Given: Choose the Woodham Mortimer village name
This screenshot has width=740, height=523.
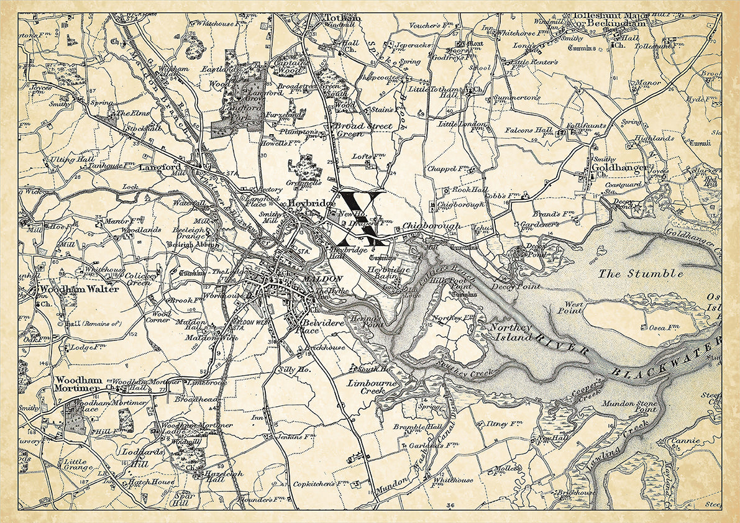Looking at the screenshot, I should pyautogui.click(x=77, y=384).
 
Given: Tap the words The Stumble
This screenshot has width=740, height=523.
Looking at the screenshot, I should pyautogui.click(x=641, y=273).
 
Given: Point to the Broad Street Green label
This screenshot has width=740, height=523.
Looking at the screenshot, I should pyautogui.click(x=363, y=129).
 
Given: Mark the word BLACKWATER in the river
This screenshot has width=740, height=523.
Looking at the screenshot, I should pyautogui.click(x=665, y=362).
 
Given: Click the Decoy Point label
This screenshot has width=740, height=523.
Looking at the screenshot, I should pyautogui.click(x=515, y=287).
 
